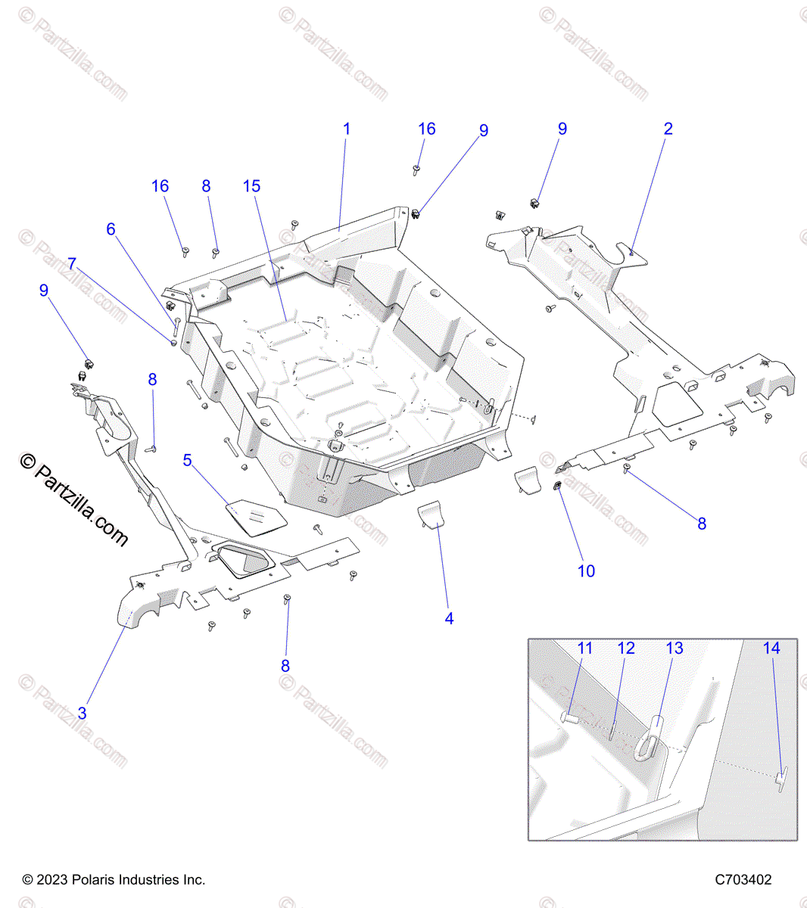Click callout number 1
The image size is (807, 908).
coord(347,129)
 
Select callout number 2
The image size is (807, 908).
coord(668,129)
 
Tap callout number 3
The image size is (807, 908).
coord(83,714)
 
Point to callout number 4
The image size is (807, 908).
coord(449,619)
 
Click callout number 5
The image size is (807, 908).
coord(188,460)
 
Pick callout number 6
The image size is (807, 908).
coord(111,229)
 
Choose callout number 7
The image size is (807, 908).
coord(72,264)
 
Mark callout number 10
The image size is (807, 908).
coord(587,571)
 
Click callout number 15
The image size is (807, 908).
coord(252,186)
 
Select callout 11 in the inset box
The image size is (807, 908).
coord(585,648)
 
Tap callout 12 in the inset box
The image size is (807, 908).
coord(626,648)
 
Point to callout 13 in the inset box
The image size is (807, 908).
coord(675,648)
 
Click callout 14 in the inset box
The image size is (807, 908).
coord(771,648)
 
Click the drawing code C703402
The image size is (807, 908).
coord(743,880)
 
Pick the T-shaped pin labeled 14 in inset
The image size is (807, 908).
coord(781,779)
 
